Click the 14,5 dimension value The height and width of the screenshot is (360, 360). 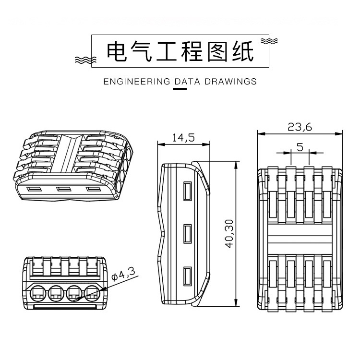(183, 138)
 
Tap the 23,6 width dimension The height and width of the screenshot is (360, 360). (300, 127)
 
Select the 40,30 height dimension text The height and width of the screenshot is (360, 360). (229, 234)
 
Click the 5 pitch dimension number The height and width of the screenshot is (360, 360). (300, 147)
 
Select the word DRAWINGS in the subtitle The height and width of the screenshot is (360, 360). (230, 82)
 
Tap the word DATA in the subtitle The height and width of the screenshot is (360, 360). (187, 82)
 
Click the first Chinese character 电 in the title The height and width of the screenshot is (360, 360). (118, 51)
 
